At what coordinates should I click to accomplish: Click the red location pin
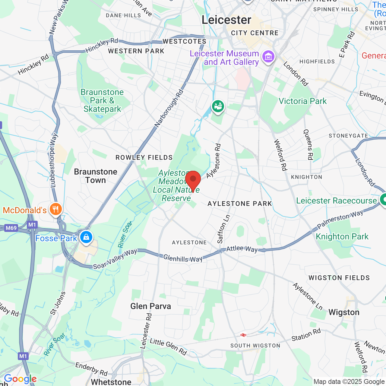[193, 180]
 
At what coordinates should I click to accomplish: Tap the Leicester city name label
[226, 20]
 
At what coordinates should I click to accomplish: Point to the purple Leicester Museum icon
[268, 56]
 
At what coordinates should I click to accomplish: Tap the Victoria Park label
[302, 101]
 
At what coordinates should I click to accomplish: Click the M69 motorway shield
[11, 228]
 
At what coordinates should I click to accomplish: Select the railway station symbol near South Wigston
[243, 335]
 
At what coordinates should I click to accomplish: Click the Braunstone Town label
[96, 176]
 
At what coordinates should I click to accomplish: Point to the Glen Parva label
[150, 306]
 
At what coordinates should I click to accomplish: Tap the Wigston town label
[344, 312]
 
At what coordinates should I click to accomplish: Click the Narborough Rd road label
[169, 108]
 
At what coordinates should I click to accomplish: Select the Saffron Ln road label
[223, 229]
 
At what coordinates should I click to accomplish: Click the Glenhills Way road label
[183, 258]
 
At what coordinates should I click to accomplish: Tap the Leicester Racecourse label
[337, 201]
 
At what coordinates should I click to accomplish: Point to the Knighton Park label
[342, 236]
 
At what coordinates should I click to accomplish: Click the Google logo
[20, 379]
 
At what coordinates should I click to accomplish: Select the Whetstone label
[111, 382]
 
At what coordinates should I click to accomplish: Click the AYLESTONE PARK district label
[240, 204]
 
